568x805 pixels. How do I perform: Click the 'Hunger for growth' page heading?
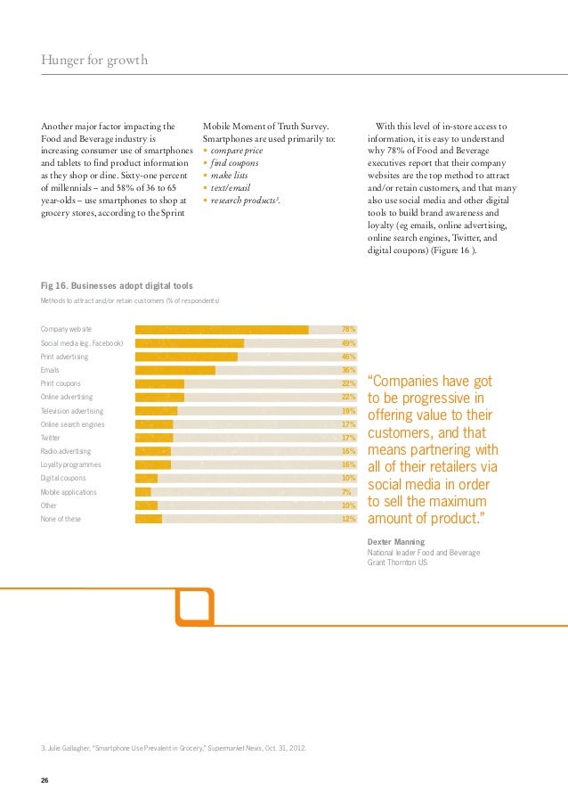click(x=93, y=61)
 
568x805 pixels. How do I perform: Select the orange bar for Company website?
click(x=222, y=330)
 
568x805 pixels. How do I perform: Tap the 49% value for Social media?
click(x=348, y=343)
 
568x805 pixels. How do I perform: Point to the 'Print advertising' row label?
click(x=64, y=357)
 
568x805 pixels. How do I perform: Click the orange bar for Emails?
click(x=175, y=370)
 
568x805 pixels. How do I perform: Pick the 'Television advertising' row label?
click(x=72, y=411)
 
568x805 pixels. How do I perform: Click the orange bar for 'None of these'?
click(x=149, y=519)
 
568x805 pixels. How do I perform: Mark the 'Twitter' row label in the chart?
click(x=52, y=438)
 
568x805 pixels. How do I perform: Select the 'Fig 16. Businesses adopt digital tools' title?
click(x=117, y=285)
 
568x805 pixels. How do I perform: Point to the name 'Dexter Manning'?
click(x=396, y=542)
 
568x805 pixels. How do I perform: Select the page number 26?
click(x=45, y=780)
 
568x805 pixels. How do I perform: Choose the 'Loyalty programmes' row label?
click(x=71, y=465)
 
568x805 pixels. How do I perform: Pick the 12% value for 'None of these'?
click(x=348, y=519)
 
